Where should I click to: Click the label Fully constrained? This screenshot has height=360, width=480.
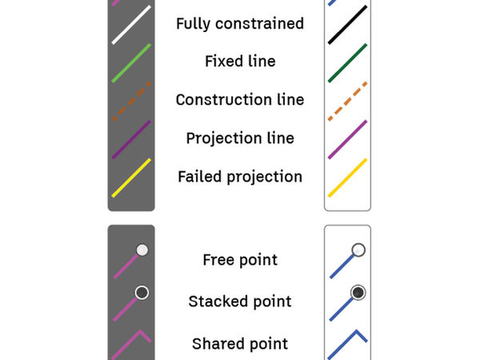[x=240, y=23]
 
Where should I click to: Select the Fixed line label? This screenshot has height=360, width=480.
[x=240, y=62]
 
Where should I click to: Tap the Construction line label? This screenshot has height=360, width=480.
[x=240, y=100]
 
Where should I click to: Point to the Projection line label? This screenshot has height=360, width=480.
[x=240, y=138]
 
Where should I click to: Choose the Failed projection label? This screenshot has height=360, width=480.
[x=240, y=177]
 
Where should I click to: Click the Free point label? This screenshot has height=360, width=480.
[x=240, y=260]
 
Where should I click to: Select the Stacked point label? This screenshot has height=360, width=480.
[x=240, y=302]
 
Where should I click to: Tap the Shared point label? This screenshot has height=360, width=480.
[x=240, y=344]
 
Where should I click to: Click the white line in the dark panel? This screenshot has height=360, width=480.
[x=131, y=24]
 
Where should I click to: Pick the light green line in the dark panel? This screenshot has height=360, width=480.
[x=131, y=62]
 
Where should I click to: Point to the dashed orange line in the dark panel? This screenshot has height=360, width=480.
[x=131, y=101]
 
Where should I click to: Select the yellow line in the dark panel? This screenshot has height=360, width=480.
[x=131, y=178]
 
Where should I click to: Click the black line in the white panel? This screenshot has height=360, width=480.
[x=347, y=24]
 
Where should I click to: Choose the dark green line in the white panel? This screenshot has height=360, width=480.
[x=347, y=62]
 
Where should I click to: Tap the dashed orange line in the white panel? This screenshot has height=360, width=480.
[x=347, y=101]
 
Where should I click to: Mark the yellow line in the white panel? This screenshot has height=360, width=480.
[x=347, y=178]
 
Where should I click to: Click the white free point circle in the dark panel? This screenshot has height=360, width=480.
[x=142, y=250]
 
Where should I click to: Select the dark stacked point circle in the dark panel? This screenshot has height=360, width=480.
[x=142, y=292]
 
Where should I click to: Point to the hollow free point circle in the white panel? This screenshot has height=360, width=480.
[x=358, y=250]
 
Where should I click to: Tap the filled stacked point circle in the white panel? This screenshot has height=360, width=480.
[x=358, y=292]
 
